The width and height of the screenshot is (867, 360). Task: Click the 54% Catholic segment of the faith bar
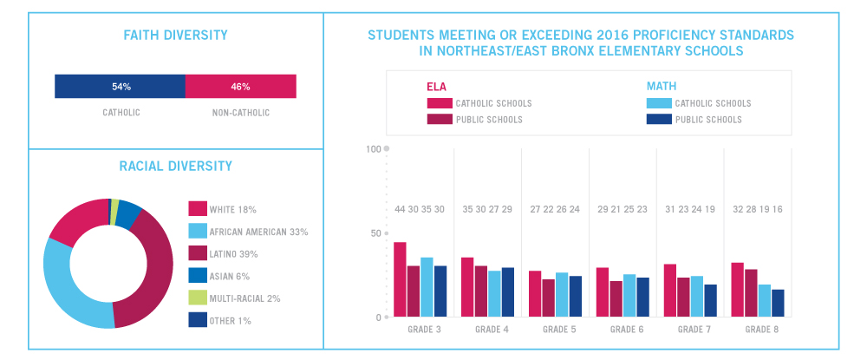[120, 87]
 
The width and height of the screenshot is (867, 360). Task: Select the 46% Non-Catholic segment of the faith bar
[240, 87]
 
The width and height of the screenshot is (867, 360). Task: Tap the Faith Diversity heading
[175, 36]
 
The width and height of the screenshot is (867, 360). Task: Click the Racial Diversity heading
[175, 166]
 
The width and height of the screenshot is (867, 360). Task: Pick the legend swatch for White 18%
[198, 209]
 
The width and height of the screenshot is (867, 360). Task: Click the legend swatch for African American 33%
[198, 232]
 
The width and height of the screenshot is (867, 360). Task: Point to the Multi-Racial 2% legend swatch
[198, 298]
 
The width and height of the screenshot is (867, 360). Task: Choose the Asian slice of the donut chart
[128, 213]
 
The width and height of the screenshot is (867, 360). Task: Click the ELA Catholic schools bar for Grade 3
[400, 279]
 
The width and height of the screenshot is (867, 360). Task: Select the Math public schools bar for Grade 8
[778, 303]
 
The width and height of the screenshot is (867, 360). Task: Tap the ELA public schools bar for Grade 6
[616, 298]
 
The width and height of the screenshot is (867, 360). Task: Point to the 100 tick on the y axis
[375, 149]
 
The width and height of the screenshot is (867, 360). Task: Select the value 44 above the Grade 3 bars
[400, 210]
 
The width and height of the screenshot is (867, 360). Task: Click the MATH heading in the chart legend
[662, 86]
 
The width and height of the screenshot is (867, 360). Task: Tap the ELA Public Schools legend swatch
[440, 119]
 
